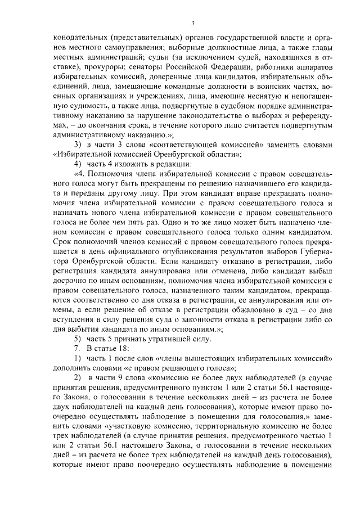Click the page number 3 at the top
coord(192,22)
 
